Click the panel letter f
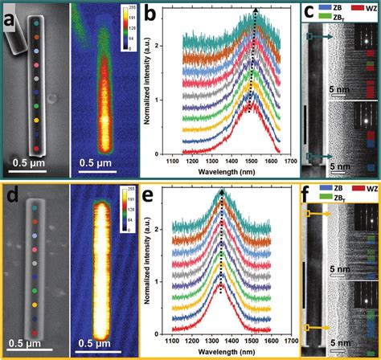[x=306, y=195]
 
